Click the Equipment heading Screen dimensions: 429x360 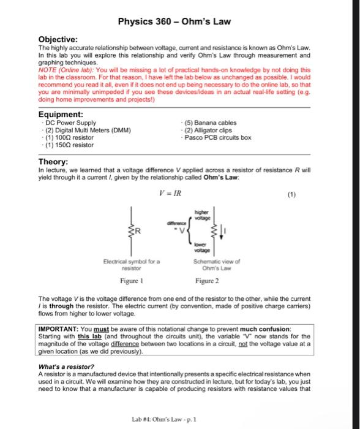tap(62, 113)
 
